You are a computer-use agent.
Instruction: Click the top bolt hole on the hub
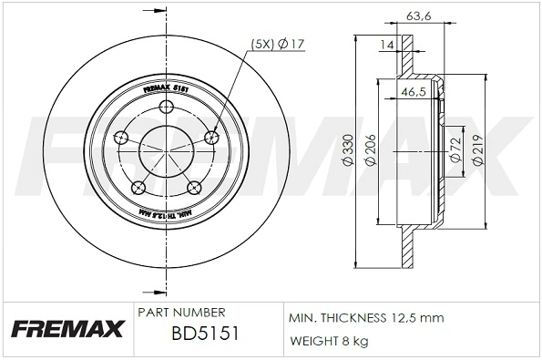coord(167,108)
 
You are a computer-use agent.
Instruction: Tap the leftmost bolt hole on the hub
coord(121,139)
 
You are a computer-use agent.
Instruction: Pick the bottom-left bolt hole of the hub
coord(138,188)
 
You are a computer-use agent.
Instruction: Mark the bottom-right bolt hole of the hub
coord(194,188)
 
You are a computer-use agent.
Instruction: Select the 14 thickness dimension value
coord(385,44)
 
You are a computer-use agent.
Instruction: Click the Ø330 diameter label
coord(347,149)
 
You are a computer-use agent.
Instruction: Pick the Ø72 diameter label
coord(453,149)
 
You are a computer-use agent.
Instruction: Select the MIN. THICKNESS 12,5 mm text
coord(365,319)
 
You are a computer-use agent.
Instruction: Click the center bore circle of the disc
coord(167,149)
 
